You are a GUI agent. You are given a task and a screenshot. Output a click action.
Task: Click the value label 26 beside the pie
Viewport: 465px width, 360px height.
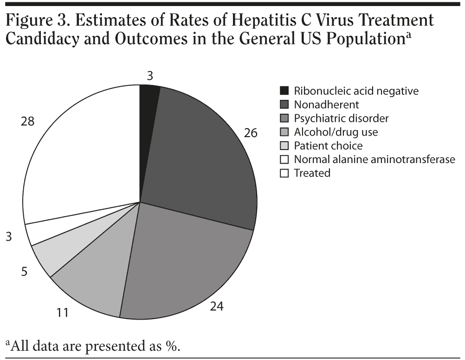click(x=251, y=133)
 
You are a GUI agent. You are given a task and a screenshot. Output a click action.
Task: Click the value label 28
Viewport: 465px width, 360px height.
click(x=28, y=121)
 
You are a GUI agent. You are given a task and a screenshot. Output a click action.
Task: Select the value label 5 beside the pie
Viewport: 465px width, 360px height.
click(x=24, y=271)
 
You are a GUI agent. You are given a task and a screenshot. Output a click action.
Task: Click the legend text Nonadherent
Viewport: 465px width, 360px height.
click(x=320, y=105)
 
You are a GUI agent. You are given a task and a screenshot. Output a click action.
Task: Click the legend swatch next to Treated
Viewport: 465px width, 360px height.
click(x=284, y=173)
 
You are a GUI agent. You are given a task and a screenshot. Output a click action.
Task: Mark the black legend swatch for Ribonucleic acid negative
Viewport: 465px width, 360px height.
click(x=284, y=91)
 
